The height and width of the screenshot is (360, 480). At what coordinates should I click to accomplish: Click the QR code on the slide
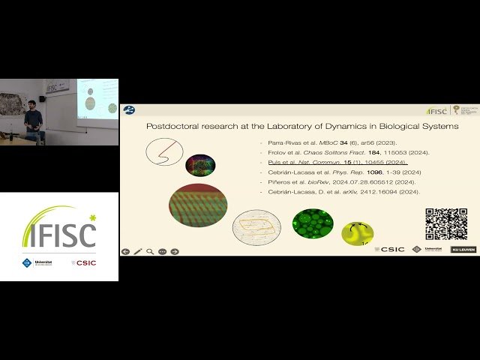[446, 223]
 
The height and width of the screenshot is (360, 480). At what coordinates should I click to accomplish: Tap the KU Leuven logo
[462, 249]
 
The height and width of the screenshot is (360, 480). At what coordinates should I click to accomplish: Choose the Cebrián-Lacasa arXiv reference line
[339, 192]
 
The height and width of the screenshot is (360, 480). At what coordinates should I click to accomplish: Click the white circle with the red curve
[164, 152]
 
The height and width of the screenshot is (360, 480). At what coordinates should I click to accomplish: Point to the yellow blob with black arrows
[358, 233]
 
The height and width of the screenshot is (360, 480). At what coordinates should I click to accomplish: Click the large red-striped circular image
[198, 205]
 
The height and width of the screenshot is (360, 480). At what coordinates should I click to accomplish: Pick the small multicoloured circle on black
[200, 165]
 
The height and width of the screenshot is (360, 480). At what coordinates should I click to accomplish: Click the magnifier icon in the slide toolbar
[150, 251]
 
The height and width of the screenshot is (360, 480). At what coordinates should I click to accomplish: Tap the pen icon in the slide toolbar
[138, 251]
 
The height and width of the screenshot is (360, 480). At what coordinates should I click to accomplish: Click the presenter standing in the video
[34, 124]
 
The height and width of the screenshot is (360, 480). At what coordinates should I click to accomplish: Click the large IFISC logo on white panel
[59, 229]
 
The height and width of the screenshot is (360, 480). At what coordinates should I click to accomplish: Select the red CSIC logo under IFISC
[84, 262]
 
